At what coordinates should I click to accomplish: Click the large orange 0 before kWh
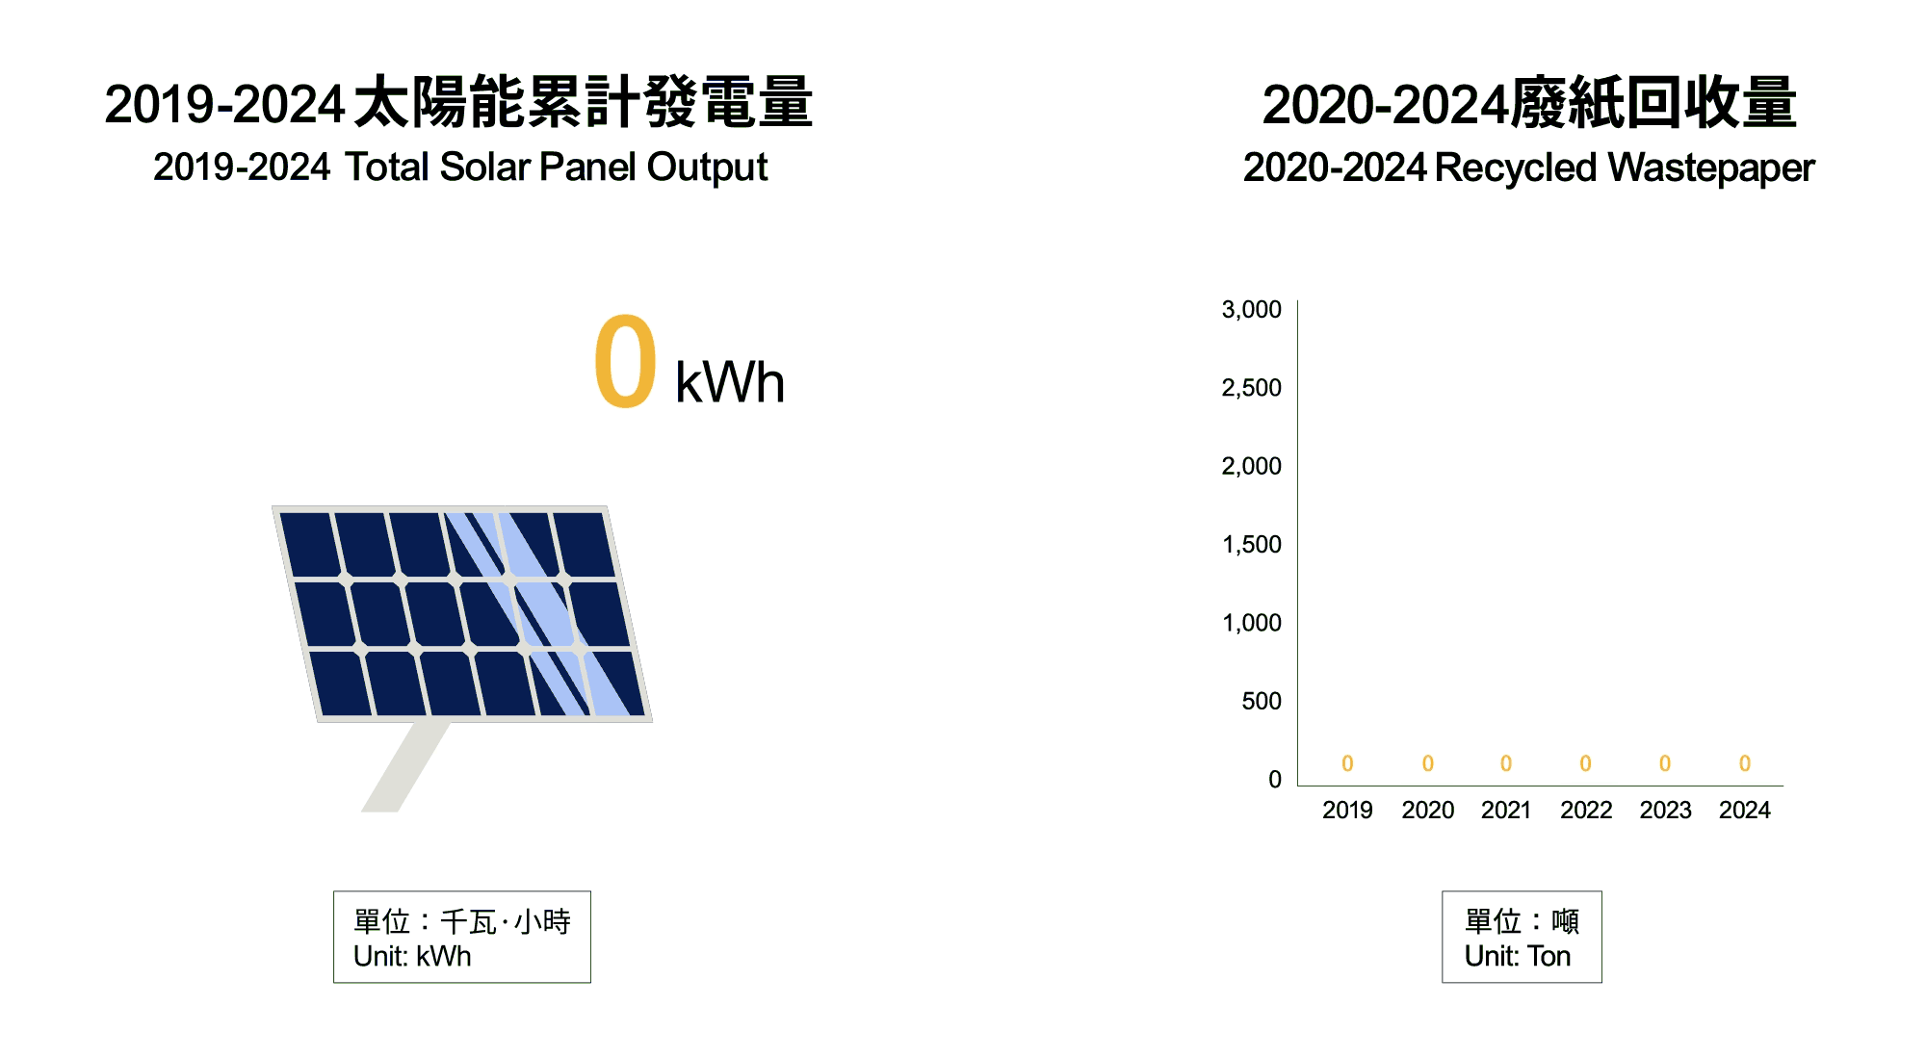coord(626,361)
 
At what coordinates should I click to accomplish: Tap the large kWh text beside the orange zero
coord(730,382)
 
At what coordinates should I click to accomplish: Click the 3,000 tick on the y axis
coord(1251,310)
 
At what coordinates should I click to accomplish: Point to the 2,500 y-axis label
coord(1251,388)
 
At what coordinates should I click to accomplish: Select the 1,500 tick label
coord(1251,545)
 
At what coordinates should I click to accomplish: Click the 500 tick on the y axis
coord(1262,701)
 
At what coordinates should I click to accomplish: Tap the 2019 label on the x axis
coord(1347,810)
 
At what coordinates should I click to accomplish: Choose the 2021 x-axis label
coord(1506,810)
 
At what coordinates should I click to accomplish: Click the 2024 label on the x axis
coord(1745,810)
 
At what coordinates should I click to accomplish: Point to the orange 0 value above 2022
coord(1585,763)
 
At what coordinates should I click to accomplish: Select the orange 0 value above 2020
coord(1428,763)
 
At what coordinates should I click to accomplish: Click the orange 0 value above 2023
coord(1665,763)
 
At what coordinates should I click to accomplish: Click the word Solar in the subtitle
coord(484,168)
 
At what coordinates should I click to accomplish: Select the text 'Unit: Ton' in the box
coord(1518,956)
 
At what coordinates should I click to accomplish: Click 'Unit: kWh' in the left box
coord(412,956)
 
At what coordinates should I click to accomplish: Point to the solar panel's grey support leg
coord(405,766)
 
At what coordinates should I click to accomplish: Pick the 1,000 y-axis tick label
coord(1251,623)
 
